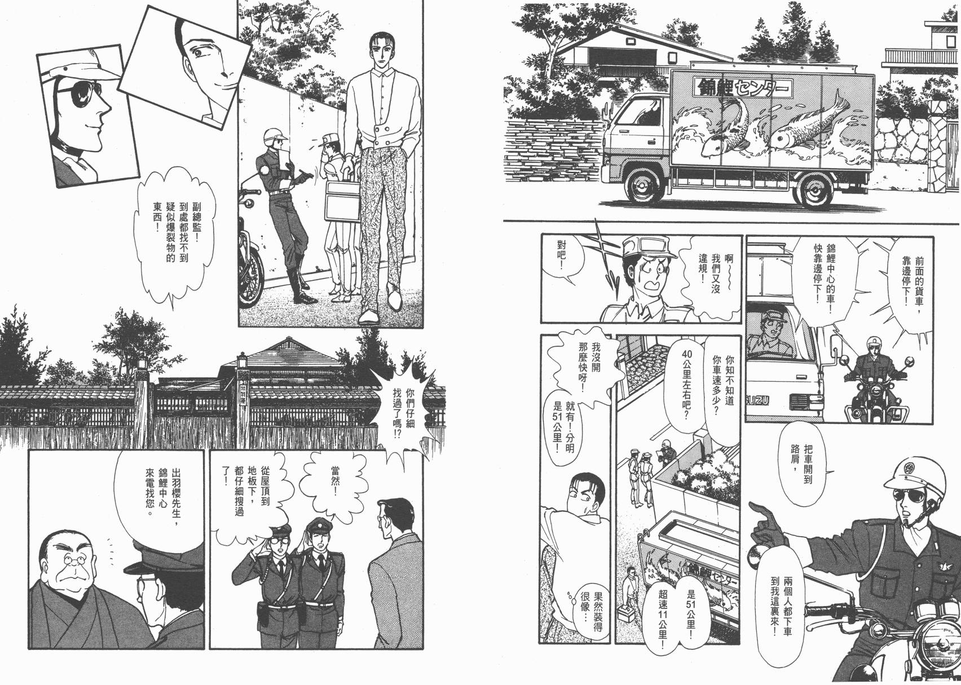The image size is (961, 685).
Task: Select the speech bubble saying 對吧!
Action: tap(558, 259)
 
